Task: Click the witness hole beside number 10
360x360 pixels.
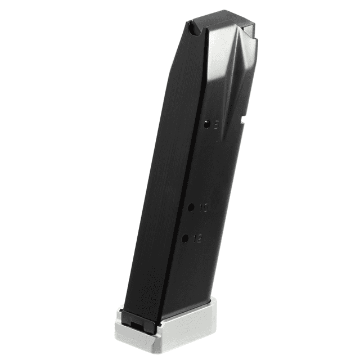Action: (x=191, y=208)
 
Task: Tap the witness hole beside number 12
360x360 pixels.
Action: (x=185, y=239)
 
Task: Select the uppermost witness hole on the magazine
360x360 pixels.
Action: (x=206, y=125)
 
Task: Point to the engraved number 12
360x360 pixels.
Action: (x=197, y=238)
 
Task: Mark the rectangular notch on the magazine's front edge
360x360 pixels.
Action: (x=243, y=120)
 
